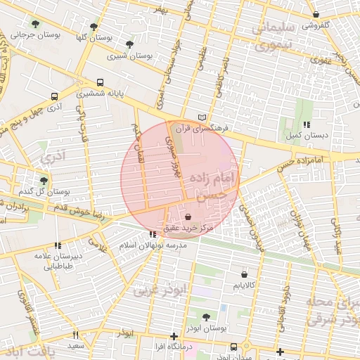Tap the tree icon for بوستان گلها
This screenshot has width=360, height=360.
[x=94, y=27]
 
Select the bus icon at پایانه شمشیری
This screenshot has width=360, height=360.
[x=101, y=82]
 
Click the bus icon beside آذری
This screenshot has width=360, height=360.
[x=55, y=96]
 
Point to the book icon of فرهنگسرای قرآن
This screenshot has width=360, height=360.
[x=203, y=117]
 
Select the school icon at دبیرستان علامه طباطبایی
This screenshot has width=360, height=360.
[x=57, y=245]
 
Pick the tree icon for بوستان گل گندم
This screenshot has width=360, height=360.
[x=44, y=181]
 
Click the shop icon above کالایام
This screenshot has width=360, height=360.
[x=244, y=275]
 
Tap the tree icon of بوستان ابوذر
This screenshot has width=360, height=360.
[x=206, y=317]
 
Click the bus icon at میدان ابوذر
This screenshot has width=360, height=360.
[x=233, y=347]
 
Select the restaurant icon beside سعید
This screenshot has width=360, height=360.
[x=76, y=335]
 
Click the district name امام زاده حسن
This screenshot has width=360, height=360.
[x=214, y=184]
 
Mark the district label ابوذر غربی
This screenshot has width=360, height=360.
[x=162, y=288]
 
